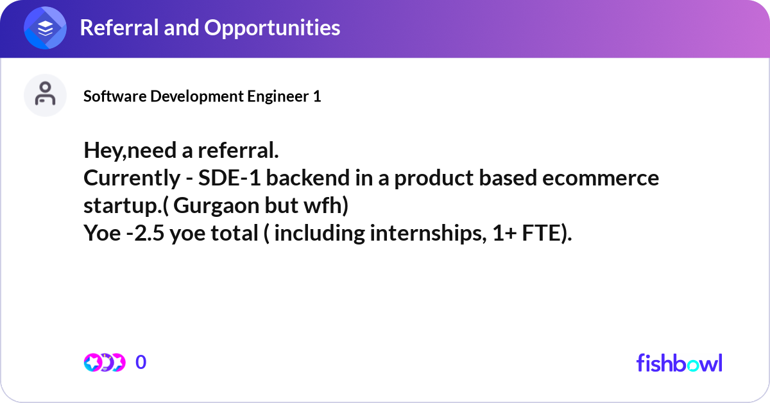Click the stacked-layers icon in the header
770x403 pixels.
45,28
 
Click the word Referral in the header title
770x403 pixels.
119,28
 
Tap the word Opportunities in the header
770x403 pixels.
272,28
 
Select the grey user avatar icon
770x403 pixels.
45,95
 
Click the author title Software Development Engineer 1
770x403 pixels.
202,96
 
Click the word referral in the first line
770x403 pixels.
238,150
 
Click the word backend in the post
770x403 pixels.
308,178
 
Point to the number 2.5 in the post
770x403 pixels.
150,234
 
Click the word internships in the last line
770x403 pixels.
429,234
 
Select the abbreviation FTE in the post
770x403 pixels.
541,234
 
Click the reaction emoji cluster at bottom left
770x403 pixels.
105,363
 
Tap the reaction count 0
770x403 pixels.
141,363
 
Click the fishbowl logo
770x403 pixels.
680,363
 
